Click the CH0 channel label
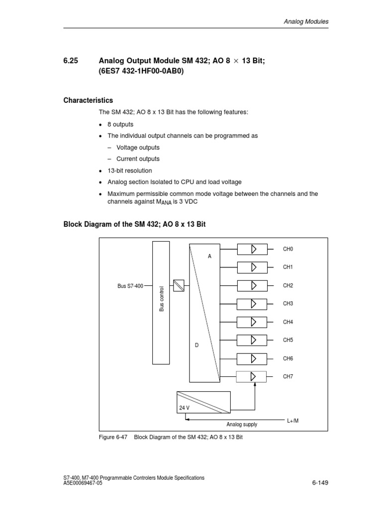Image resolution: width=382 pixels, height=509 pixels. point(288,249)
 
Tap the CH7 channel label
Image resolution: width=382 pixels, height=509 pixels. point(288,377)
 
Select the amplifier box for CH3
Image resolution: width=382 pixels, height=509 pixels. point(252,304)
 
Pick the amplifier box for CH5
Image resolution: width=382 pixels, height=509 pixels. point(252,340)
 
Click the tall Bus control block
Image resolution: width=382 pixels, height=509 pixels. point(161,303)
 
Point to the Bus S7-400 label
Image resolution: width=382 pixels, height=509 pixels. point(130,286)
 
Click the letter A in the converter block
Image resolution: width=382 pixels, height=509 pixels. point(210,256)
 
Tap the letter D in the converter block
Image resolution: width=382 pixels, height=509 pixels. point(196,345)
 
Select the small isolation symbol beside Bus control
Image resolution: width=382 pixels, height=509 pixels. point(179,285)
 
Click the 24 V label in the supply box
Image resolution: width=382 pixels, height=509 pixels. point(185,408)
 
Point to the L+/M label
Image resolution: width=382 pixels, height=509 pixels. point(293,421)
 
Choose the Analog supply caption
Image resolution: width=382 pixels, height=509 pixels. point(242,424)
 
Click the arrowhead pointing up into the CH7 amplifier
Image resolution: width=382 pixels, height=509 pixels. point(255,385)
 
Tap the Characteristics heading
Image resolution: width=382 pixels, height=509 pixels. point(88,100)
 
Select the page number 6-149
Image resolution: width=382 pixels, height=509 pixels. point(320,482)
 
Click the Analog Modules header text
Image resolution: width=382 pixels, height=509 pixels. point(306,22)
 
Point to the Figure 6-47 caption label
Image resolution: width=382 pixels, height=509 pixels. point(114,437)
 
